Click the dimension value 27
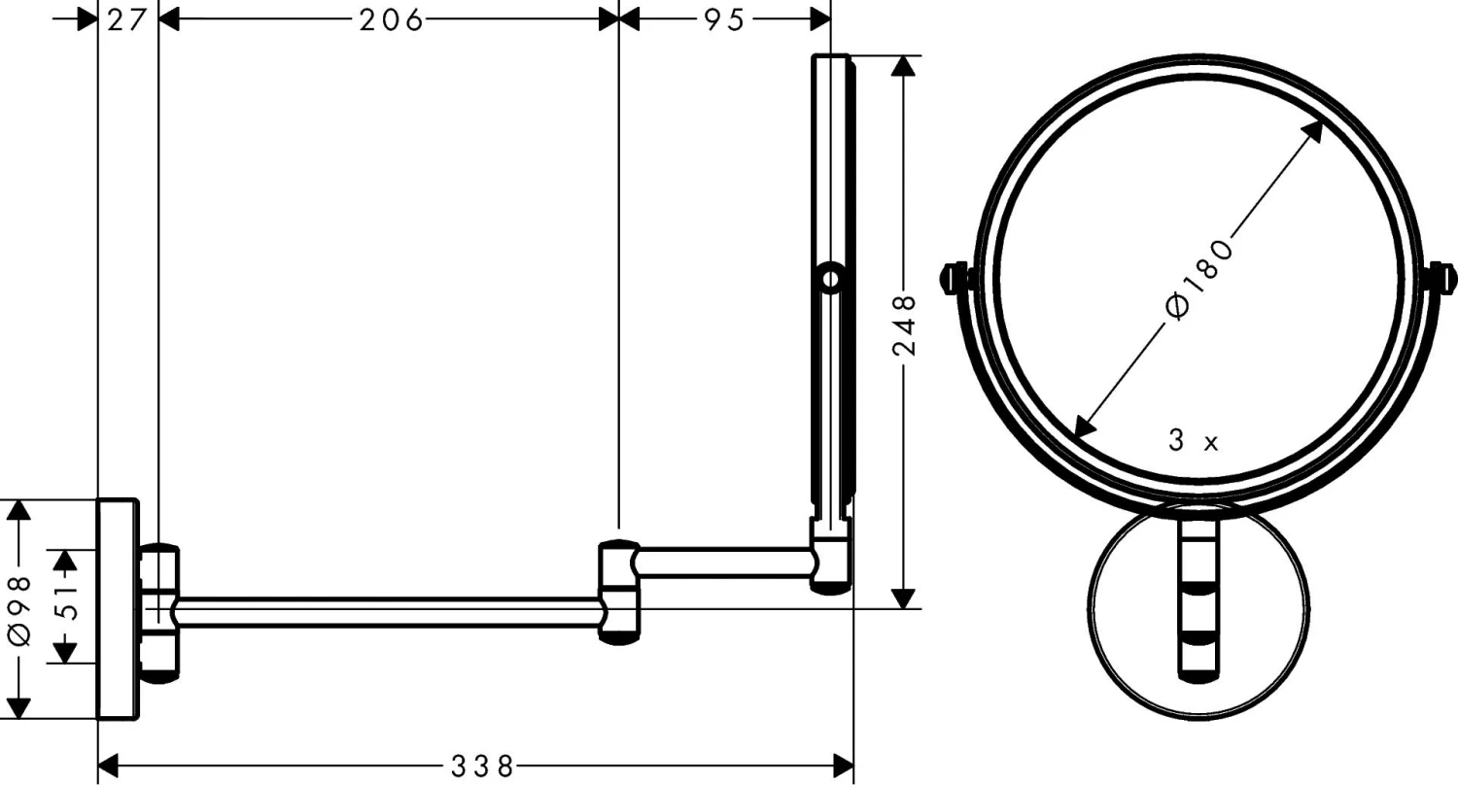tap(127, 20)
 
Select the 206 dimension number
tap(391, 20)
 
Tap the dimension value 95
tap(724, 20)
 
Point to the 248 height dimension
tap(905, 325)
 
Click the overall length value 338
tap(481, 767)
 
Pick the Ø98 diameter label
tap(20, 609)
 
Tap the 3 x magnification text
tap(1193, 442)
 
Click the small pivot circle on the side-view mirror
tap(829, 280)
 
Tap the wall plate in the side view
tap(117, 609)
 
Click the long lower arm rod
tap(389, 613)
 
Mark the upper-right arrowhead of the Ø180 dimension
tap(1313, 130)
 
